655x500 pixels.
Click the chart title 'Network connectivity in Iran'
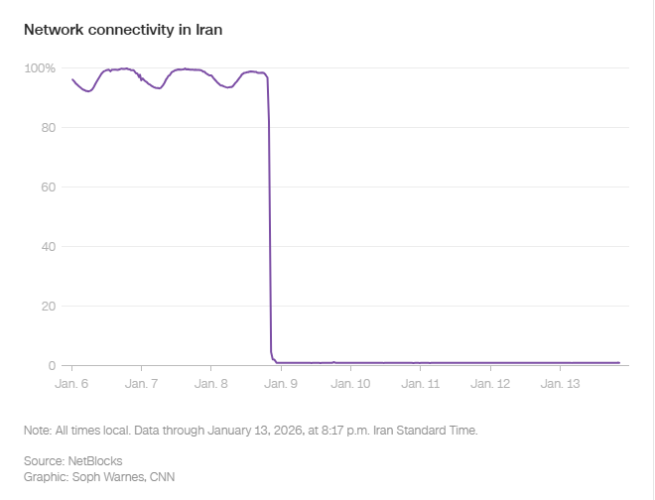[x=123, y=30]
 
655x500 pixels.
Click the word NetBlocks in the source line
[x=94, y=461]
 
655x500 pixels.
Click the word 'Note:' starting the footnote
[x=38, y=431]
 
